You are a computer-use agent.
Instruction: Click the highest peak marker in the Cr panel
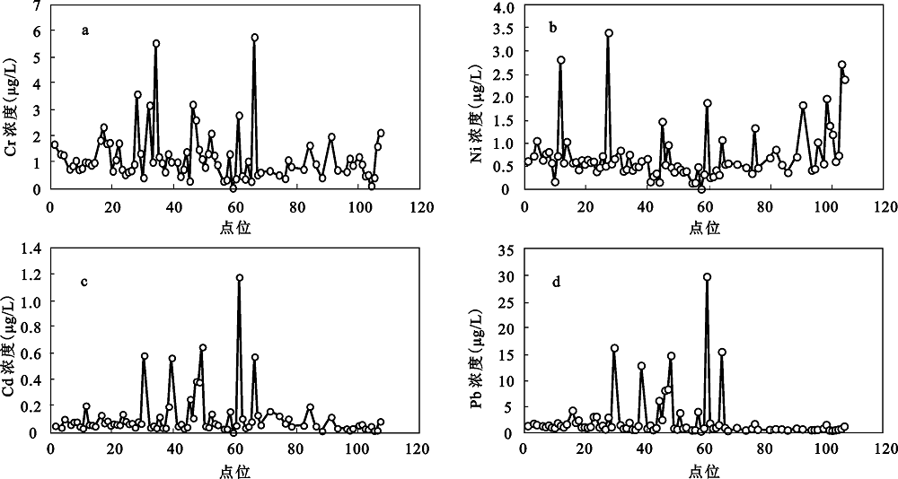point(255,38)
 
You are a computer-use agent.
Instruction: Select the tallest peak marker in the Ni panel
point(609,33)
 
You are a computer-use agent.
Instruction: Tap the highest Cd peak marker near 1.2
point(240,278)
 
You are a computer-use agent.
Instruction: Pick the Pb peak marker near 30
point(707,278)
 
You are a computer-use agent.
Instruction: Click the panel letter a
point(85,30)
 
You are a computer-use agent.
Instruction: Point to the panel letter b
point(553,28)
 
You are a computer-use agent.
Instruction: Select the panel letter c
point(84,282)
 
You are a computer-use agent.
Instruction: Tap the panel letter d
point(557,283)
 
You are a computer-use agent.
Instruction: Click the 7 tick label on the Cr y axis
point(36,6)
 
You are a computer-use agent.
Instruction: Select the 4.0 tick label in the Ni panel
point(503,7)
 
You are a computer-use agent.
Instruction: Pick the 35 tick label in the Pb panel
point(506,250)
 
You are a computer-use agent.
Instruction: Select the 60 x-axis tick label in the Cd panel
point(233,449)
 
